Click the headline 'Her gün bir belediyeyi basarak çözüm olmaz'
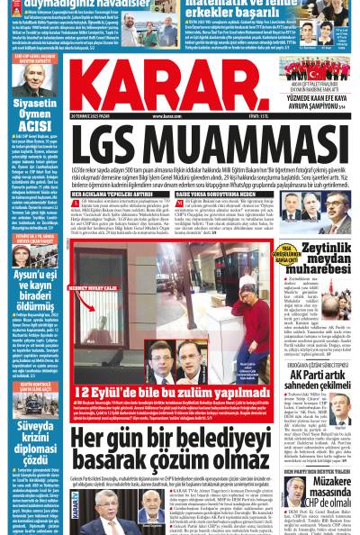pos(171,448)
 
